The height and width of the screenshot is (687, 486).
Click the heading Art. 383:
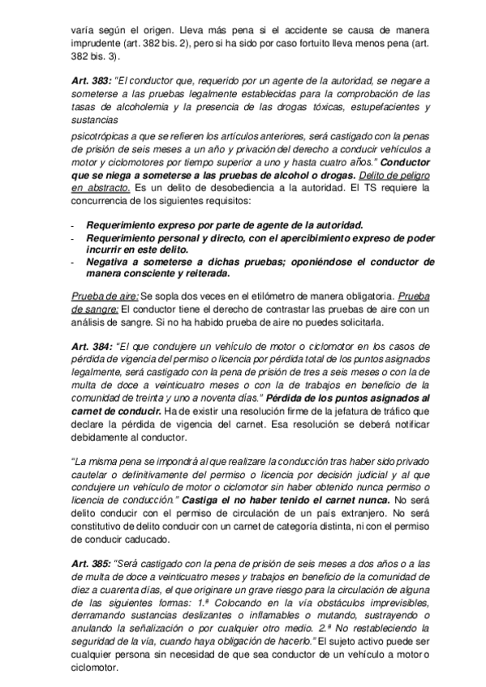(91, 82)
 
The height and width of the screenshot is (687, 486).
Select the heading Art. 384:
(91, 347)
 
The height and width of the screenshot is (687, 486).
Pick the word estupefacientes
(367, 109)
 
